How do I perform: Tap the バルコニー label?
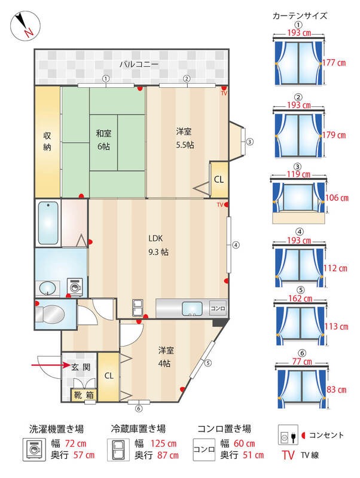[x=139, y=65]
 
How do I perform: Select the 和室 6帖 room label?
[x=103, y=140]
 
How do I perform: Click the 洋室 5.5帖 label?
[x=184, y=139]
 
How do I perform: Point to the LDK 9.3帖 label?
[x=158, y=245]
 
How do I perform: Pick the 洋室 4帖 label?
[x=166, y=357]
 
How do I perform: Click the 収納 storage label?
[x=47, y=142]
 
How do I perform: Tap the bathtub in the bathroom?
[x=48, y=223]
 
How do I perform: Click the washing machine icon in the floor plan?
[x=74, y=287]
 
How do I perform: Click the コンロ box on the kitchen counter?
[x=218, y=308]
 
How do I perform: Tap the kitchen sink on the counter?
[x=192, y=308]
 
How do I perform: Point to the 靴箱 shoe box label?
[x=84, y=395]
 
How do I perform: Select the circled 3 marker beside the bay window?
[x=249, y=142]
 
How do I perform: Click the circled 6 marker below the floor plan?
[x=139, y=409]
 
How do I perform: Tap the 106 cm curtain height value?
[x=337, y=198]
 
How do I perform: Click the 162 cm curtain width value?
[x=300, y=298]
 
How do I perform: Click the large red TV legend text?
[x=288, y=455]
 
